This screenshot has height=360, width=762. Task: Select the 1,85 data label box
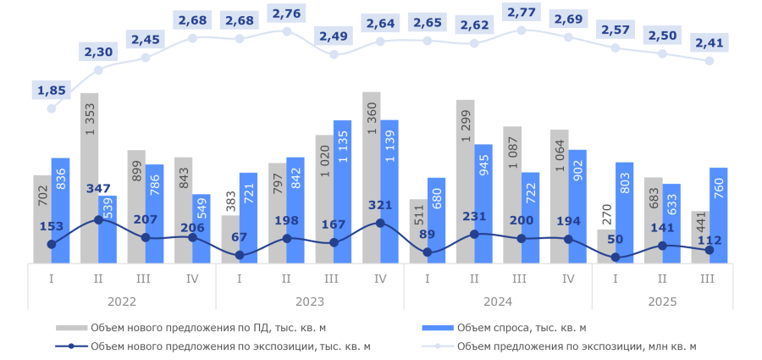[52, 90]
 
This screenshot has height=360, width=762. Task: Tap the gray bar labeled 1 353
[89, 178]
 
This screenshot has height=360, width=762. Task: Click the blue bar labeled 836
[61, 210]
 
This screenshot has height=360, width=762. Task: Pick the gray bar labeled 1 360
[371, 178]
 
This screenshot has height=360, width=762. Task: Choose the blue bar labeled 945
[484, 203]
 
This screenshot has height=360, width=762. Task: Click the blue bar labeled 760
[719, 215]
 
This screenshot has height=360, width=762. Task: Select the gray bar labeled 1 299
[465, 181]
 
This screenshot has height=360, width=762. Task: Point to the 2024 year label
[497, 301]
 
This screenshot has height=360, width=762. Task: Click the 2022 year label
[122, 301]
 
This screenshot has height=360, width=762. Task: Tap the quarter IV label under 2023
[379, 277]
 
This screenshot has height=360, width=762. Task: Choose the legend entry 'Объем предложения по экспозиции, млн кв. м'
[576, 346]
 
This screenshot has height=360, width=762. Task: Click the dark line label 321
[379, 206]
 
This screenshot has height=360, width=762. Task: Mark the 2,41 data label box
[709, 42]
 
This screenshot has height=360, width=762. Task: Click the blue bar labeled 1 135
[343, 191]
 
